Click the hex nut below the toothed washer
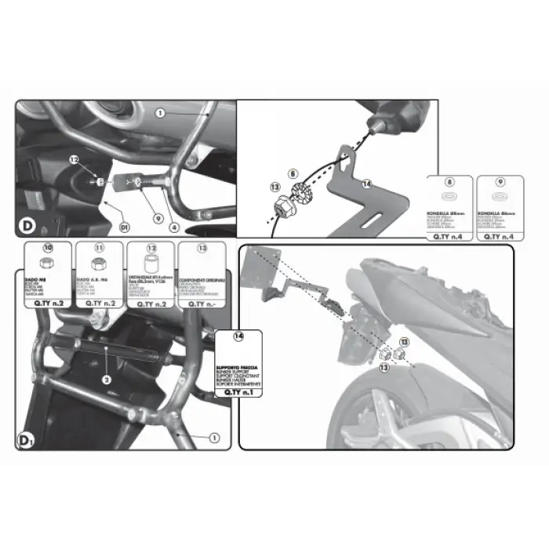pyautogui.click(x=284, y=209)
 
